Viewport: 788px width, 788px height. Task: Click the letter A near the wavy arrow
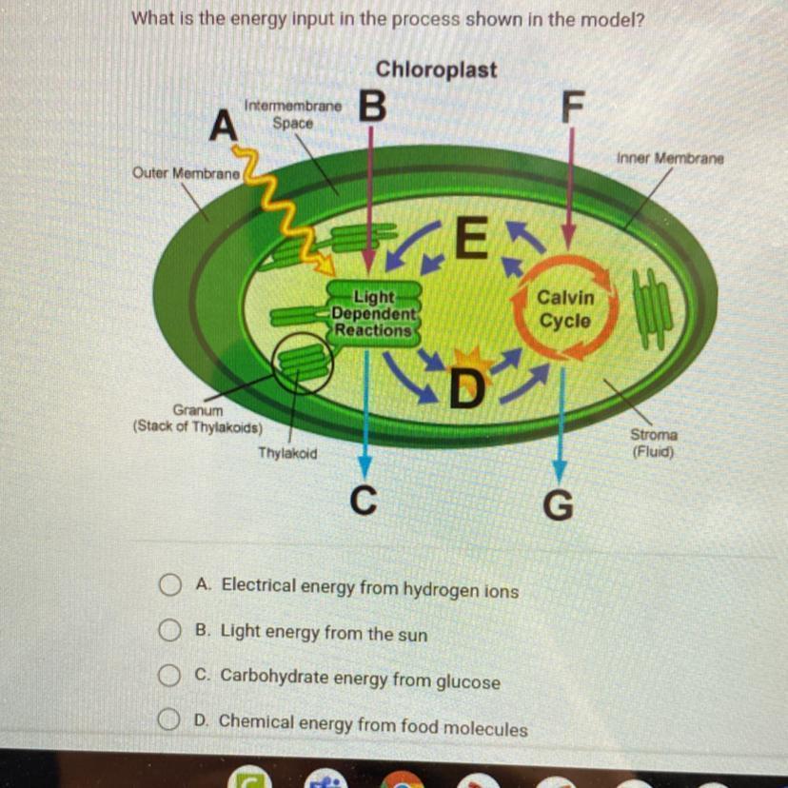pos(223,124)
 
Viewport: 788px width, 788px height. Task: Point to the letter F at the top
pos(569,108)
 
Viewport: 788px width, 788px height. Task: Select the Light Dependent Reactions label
pos(373,312)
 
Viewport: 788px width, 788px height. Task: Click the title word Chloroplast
pos(436,69)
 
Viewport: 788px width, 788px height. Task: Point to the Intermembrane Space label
pos(292,115)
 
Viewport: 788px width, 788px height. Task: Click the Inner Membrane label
pos(670,158)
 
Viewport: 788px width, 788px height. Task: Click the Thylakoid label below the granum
pos(287,454)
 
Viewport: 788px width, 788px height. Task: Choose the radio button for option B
pos(169,631)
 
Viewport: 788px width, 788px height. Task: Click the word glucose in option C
pos(467,681)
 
